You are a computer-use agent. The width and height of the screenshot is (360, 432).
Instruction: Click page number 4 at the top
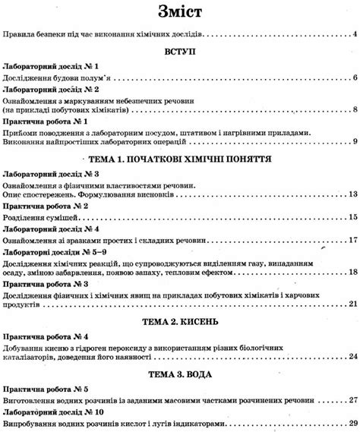(x=355, y=34)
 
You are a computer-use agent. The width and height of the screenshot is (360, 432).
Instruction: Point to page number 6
(x=355, y=78)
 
